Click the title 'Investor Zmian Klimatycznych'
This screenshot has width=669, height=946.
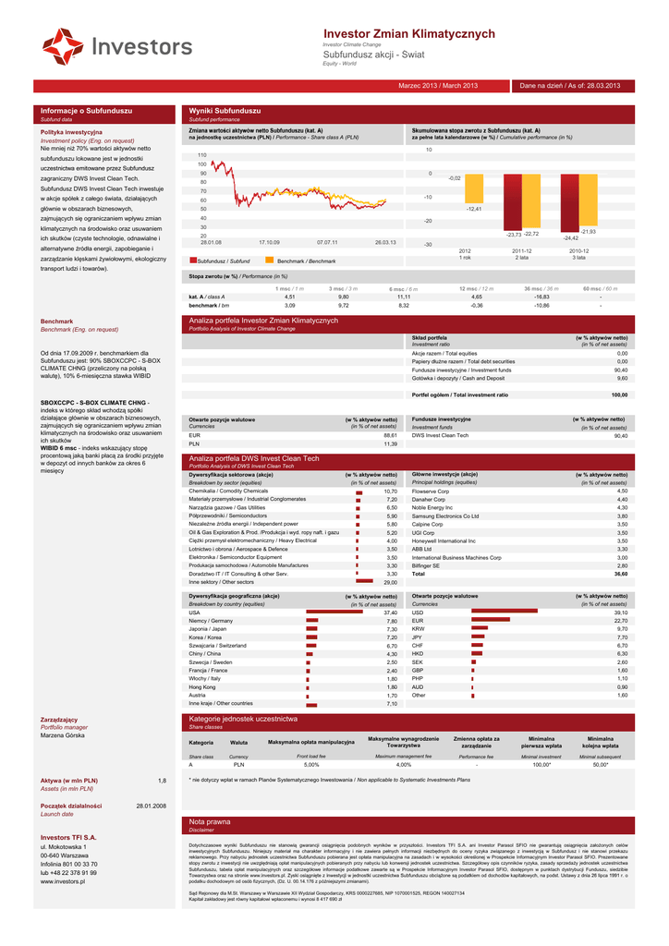point(396,33)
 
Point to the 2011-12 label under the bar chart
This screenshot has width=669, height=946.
point(522,250)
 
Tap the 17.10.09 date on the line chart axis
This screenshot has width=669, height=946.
point(269,242)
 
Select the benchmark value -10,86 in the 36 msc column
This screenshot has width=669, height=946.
point(541,304)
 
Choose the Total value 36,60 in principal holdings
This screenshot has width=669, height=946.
point(621,574)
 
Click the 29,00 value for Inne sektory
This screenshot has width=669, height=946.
point(390,582)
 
